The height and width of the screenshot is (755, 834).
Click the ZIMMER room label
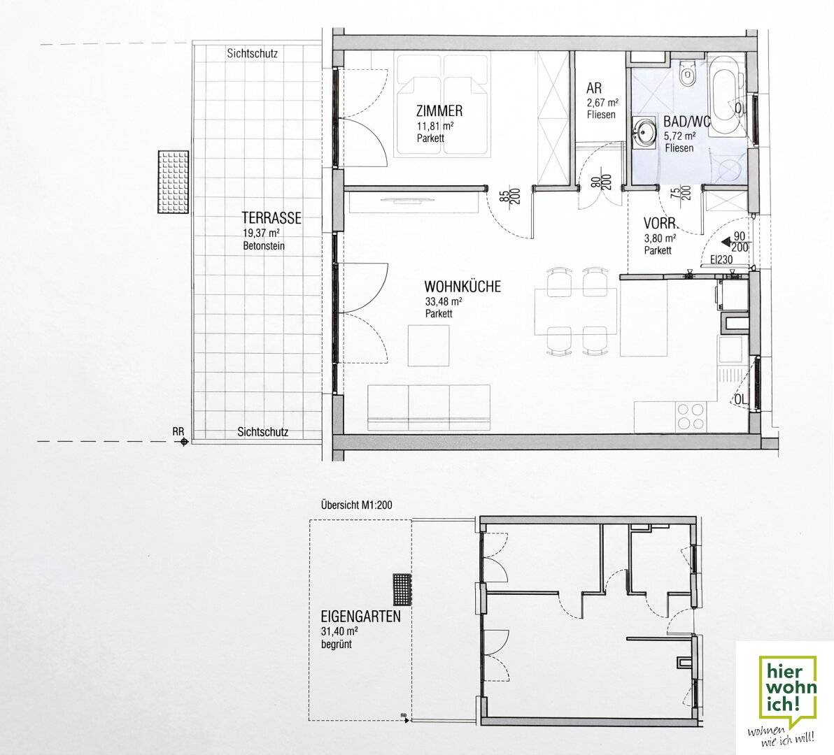click(439, 111)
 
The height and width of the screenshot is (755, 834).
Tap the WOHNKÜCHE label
click(463, 287)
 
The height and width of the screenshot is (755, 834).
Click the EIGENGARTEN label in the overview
click(360, 617)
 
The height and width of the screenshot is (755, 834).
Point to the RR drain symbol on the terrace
click(183, 442)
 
